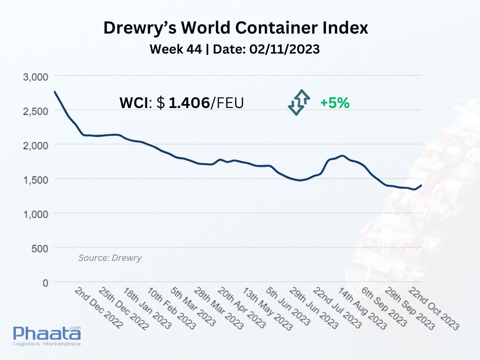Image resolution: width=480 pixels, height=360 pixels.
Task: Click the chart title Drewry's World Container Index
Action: (236, 28)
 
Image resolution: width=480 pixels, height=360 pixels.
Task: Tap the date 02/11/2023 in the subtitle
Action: (284, 49)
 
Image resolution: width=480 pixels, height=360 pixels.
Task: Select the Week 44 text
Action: (176, 49)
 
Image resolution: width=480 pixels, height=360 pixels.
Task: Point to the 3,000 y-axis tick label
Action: (36, 77)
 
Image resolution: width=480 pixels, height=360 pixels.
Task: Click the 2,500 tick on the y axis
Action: (36, 112)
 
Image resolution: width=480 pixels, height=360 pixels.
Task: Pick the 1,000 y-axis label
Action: (36, 214)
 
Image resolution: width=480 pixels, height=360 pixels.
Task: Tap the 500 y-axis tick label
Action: (40, 249)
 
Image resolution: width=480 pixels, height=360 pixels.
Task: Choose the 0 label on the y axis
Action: (45, 283)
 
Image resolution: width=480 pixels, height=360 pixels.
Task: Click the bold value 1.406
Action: (189, 103)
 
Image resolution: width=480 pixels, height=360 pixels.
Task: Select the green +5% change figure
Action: (335, 103)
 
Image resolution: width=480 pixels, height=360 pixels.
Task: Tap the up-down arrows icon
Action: (299, 102)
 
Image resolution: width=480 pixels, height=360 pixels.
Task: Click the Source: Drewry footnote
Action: (110, 258)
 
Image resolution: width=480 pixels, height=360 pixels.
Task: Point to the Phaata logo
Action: (47, 336)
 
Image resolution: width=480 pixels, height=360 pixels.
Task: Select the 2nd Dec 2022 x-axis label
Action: (99, 308)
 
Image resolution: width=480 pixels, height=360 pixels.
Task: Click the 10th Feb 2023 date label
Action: (171, 308)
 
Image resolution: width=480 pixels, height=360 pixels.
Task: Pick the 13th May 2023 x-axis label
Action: (268, 309)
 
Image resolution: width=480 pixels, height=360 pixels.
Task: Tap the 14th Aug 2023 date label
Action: (362, 309)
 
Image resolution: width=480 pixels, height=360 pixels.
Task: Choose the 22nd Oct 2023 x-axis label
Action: (434, 309)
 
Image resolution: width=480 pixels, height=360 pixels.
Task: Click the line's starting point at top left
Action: (55, 91)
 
